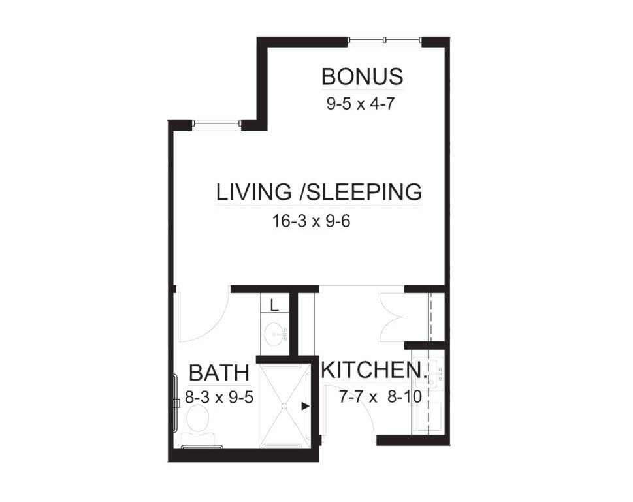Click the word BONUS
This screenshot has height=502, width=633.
pyautogui.click(x=362, y=76)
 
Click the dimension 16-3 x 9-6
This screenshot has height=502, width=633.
pyautogui.click(x=312, y=221)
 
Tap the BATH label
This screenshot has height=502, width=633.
pyautogui.click(x=219, y=373)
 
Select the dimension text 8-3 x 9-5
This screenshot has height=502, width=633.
pyautogui.click(x=219, y=397)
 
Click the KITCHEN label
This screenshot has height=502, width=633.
pyautogui.click(x=374, y=370)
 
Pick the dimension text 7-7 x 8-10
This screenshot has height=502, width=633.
pyautogui.click(x=379, y=396)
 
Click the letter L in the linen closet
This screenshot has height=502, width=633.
pyautogui.click(x=274, y=304)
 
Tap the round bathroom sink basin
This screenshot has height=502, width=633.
pyautogui.click(x=273, y=336)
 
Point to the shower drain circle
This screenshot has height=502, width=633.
pyautogui.click(x=284, y=406)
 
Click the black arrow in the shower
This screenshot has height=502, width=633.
pyautogui.click(x=305, y=406)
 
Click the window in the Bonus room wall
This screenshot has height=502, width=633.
pyautogui.click(x=385, y=40)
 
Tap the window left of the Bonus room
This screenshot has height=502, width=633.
pyautogui.click(x=216, y=123)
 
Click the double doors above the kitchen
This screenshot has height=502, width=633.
pyautogui.click(x=393, y=317)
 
